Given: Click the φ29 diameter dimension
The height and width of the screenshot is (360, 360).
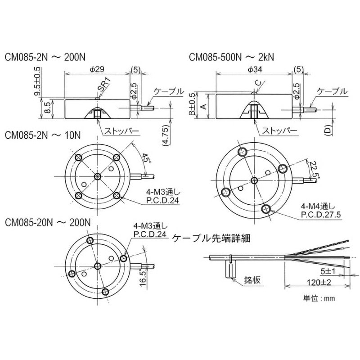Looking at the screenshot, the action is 97,69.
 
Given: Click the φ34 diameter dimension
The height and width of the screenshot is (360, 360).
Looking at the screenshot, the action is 254,69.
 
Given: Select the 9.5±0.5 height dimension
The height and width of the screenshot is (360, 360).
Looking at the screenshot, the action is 37,81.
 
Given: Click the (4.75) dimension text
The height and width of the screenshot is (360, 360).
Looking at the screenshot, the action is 166,136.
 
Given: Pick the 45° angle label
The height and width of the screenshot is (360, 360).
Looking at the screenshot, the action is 146,158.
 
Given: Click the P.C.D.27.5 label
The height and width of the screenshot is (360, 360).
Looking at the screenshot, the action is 321,215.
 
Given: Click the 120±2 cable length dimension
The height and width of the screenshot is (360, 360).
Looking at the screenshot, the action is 319,282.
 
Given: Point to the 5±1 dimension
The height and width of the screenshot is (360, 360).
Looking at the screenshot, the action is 328,271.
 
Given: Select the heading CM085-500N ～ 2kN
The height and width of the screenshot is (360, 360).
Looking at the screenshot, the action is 231,58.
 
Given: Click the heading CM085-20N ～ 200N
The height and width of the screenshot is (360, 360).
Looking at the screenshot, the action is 48,223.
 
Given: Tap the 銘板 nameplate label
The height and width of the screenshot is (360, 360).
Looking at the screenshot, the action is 252,280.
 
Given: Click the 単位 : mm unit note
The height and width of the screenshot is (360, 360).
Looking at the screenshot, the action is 319,298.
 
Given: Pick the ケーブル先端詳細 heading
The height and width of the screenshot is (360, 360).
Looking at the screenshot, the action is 211,238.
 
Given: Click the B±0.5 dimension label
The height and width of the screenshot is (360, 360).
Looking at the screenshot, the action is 192,104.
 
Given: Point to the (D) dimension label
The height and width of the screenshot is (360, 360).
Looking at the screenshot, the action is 329,130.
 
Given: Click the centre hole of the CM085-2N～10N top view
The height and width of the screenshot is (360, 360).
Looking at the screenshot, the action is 98,176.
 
